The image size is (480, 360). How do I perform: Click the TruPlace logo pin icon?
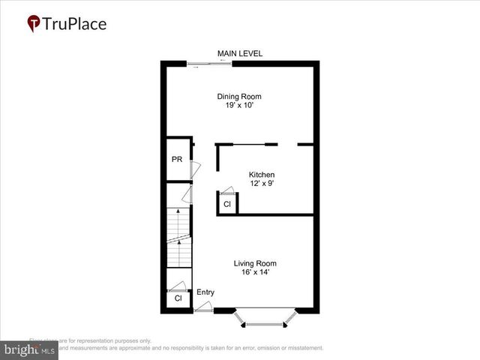pyautogui.click(x=34, y=24)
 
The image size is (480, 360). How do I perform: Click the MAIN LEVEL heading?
pyautogui.click(x=239, y=53)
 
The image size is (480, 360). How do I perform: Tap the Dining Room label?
pyautogui.click(x=239, y=96)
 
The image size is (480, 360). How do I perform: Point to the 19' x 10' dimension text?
pyautogui.click(x=239, y=106)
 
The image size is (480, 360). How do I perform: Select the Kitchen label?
pyautogui.click(x=262, y=175)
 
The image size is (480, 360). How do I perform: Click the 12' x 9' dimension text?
pyautogui.click(x=262, y=184)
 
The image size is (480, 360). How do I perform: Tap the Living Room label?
pyautogui.click(x=255, y=263)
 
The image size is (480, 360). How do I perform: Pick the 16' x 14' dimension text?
pyautogui.click(x=255, y=272)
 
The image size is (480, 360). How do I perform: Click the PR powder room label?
pyautogui.click(x=177, y=159)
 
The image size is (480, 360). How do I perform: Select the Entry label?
pyautogui.click(x=205, y=292)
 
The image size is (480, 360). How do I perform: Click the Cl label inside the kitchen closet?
pyautogui.click(x=226, y=203)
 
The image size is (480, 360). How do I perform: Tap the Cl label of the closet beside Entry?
pyautogui.click(x=178, y=298)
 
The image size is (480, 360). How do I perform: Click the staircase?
pyautogui.click(x=178, y=236)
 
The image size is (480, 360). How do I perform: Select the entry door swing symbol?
pyautogui.click(x=202, y=307)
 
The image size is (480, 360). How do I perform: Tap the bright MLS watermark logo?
pyautogui.click(x=30, y=350)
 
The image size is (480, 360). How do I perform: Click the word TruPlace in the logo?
pyautogui.click(x=75, y=23)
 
